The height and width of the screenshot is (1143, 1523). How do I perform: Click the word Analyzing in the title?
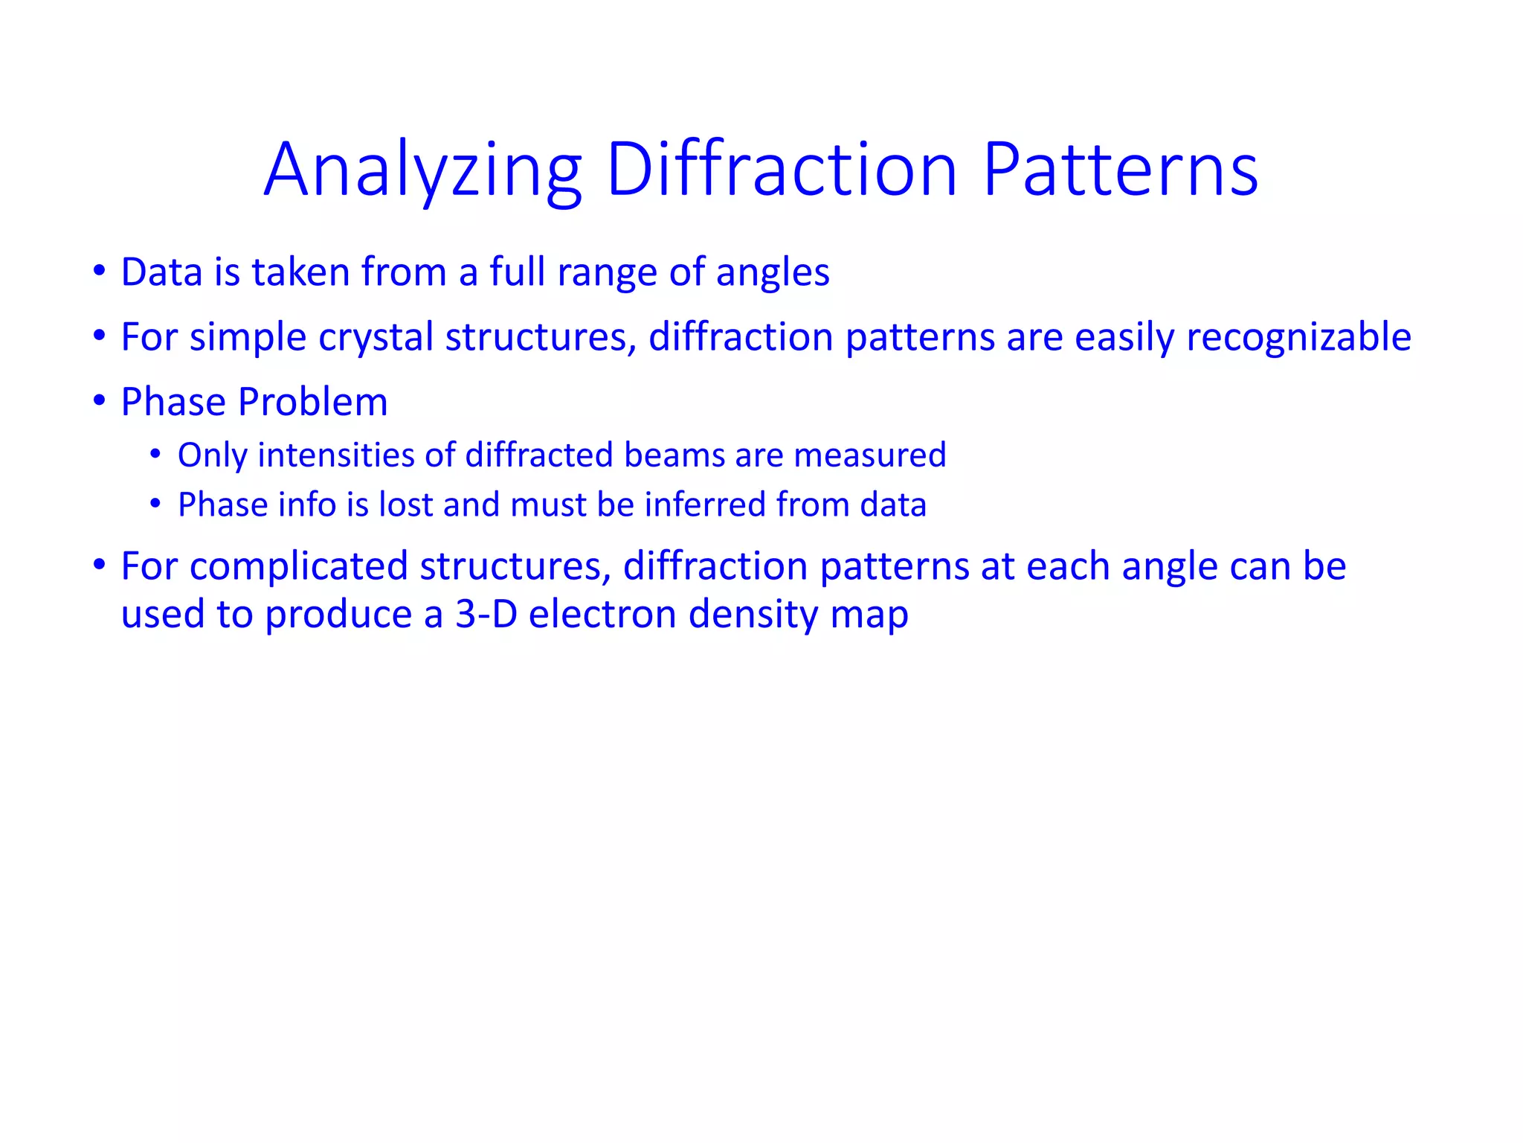422,171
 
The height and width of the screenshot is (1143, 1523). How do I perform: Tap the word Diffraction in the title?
782,171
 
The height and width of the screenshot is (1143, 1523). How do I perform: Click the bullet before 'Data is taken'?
99,272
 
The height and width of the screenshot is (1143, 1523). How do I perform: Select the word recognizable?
1298,338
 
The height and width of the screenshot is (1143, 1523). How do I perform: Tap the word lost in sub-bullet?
406,505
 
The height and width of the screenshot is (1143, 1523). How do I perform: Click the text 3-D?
486,615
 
